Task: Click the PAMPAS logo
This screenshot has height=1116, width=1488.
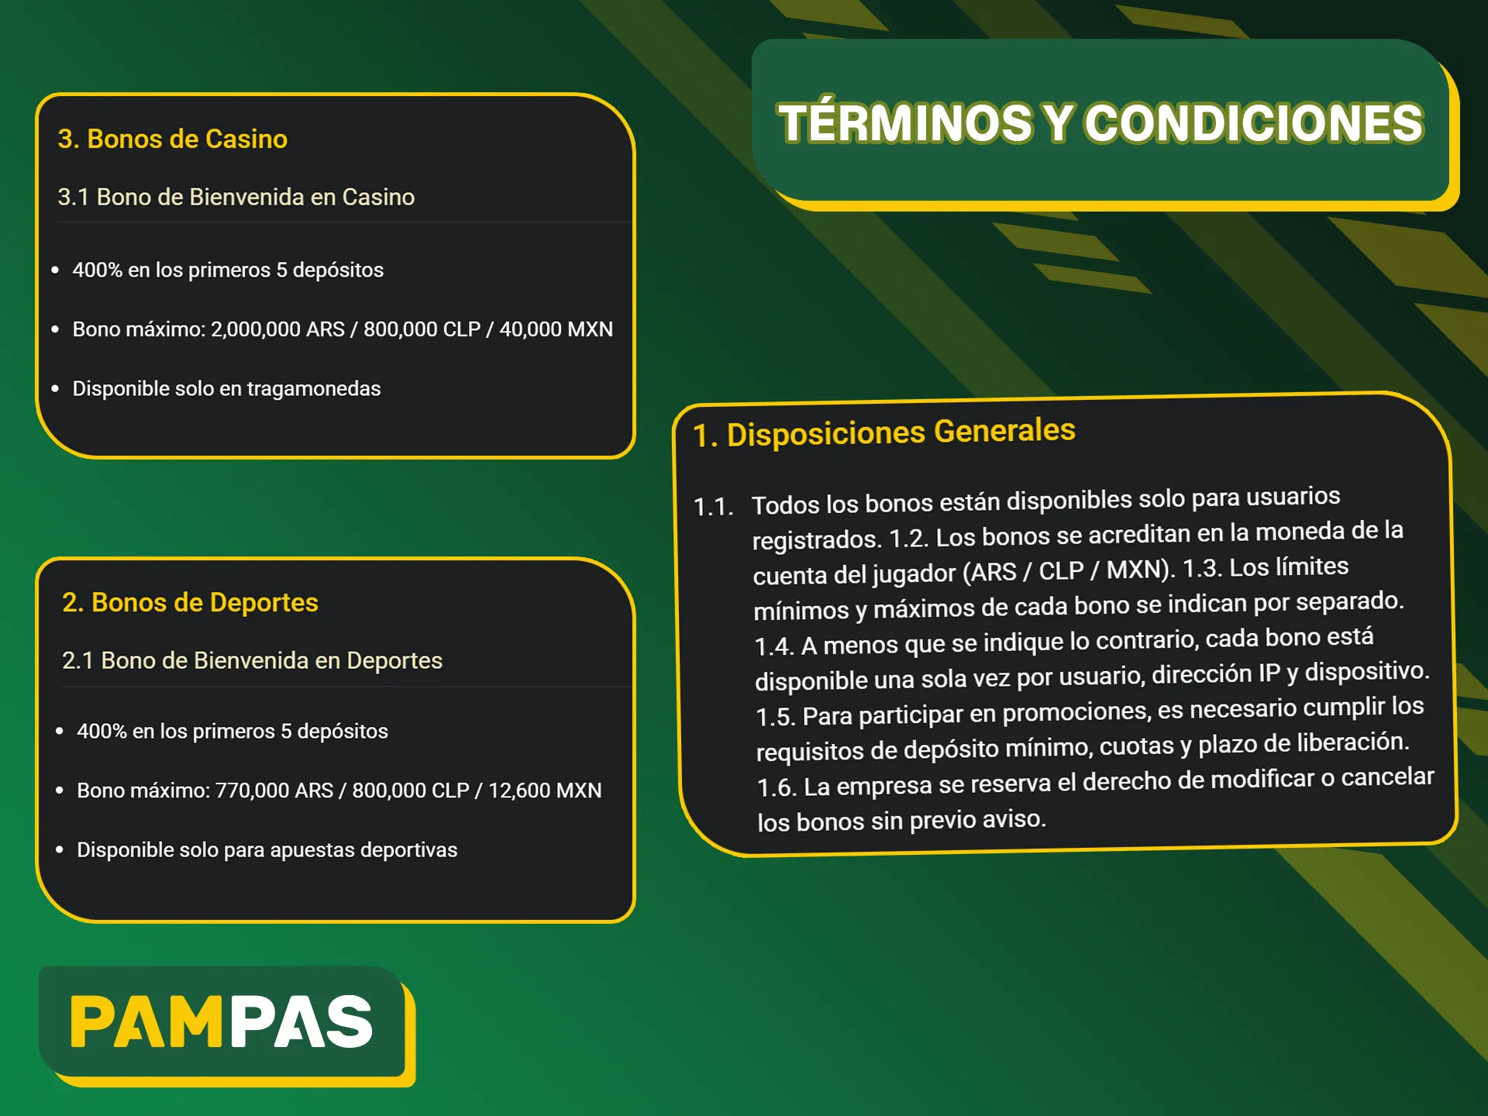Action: click(x=222, y=1021)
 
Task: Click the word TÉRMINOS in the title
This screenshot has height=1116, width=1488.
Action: click(x=905, y=124)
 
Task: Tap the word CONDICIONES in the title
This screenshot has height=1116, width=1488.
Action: click(x=1253, y=124)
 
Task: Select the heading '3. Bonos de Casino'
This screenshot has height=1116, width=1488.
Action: click(x=172, y=139)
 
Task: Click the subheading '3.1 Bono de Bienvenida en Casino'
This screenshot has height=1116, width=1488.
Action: click(x=236, y=197)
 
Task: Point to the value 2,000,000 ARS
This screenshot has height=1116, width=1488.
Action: click(x=277, y=329)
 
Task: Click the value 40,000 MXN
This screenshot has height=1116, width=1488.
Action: click(x=556, y=329)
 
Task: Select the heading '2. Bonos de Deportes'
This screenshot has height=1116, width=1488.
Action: click(x=190, y=602)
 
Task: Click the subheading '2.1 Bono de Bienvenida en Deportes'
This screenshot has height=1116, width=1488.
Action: click(x=252, y=660)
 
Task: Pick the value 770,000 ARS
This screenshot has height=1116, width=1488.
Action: click(x=274, y=790)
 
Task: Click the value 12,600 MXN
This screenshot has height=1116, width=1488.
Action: click(x=545, y=790)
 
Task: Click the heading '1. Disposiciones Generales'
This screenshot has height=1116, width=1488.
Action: click(x=883, y=432)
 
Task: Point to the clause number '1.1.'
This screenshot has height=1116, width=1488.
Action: click(x=713, y=507)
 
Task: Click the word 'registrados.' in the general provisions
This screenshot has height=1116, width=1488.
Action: click(x=817, y=539)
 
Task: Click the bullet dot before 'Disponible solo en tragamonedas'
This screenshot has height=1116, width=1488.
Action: click(x=55, y=388)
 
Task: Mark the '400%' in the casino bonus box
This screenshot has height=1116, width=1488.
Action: click(x=97, y=270)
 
